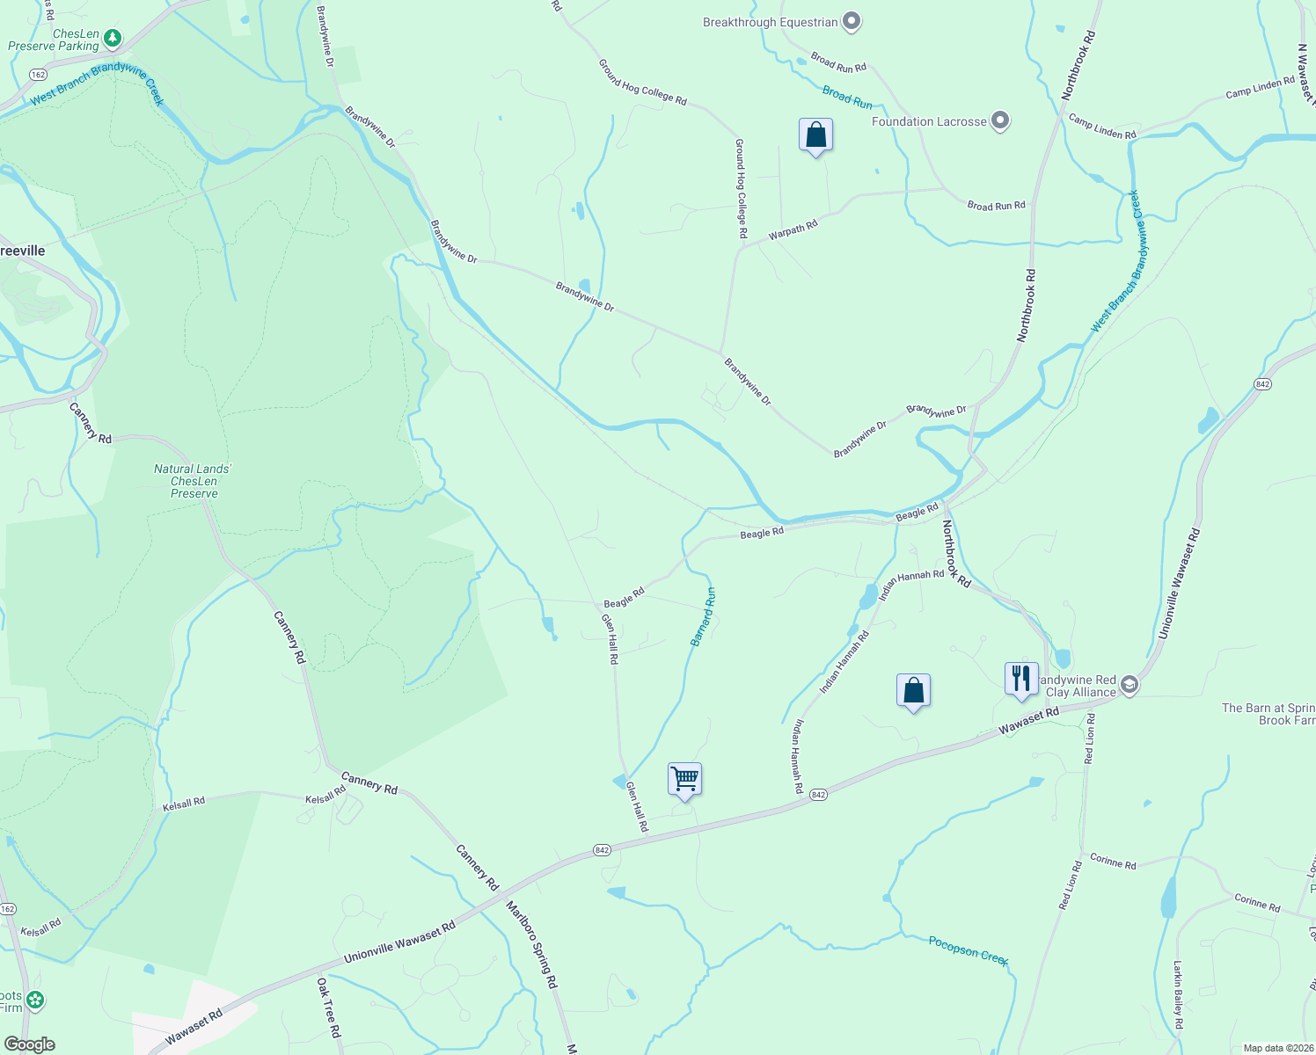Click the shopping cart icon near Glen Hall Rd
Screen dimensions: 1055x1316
(x=684, y=779)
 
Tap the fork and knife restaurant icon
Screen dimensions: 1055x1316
(x=1020, y=679)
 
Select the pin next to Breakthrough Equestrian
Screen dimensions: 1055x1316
(x=851, y=22)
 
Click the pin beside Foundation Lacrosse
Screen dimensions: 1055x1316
(x=999, y=121)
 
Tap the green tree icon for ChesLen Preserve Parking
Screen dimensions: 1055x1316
(x=112, y=38)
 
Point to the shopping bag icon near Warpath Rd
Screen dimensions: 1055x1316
(x=815, y=135)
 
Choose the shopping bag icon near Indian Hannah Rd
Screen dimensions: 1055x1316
(x=913, y=691)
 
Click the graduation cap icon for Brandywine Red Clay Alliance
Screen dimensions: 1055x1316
(x=1130, y=686)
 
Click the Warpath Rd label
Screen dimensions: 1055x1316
(x=793, y=230)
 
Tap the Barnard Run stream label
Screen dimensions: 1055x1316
(x=703, y=617)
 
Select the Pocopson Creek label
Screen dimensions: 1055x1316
(x=969, y=950)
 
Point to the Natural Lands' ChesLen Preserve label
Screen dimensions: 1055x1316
(x=194, y=481)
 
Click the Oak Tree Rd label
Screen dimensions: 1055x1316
(x=328, y=1008)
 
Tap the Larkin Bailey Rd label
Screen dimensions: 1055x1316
(x=1179, y=994)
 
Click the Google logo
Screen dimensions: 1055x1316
(x=29, y=1044)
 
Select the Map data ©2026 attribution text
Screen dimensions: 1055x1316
(x=1276, y=1048)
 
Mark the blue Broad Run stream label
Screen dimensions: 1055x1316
(x=847, y=98)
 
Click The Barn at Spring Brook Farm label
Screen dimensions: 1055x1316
(x=1268, y=714)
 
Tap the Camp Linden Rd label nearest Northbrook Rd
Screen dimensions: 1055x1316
(x=1101, y=126)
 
